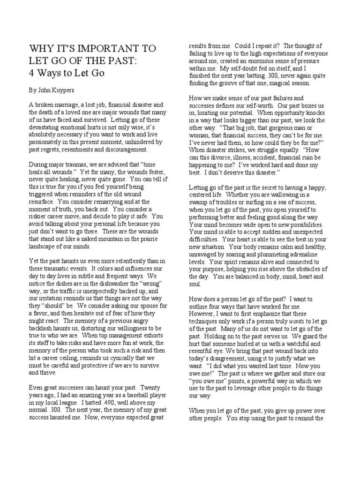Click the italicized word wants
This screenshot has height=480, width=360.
pos(296,321)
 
